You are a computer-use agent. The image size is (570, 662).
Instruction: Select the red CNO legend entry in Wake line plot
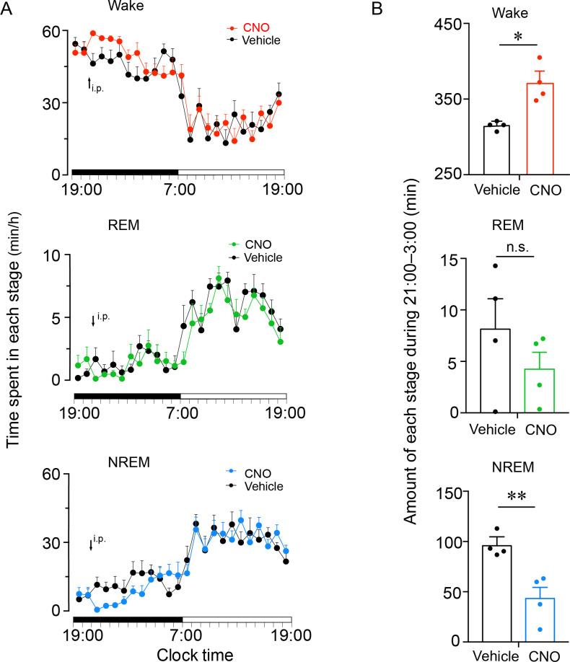250,27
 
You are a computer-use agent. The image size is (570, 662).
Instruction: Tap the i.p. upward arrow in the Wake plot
89,83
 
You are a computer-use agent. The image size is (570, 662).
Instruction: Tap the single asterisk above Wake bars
517,37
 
